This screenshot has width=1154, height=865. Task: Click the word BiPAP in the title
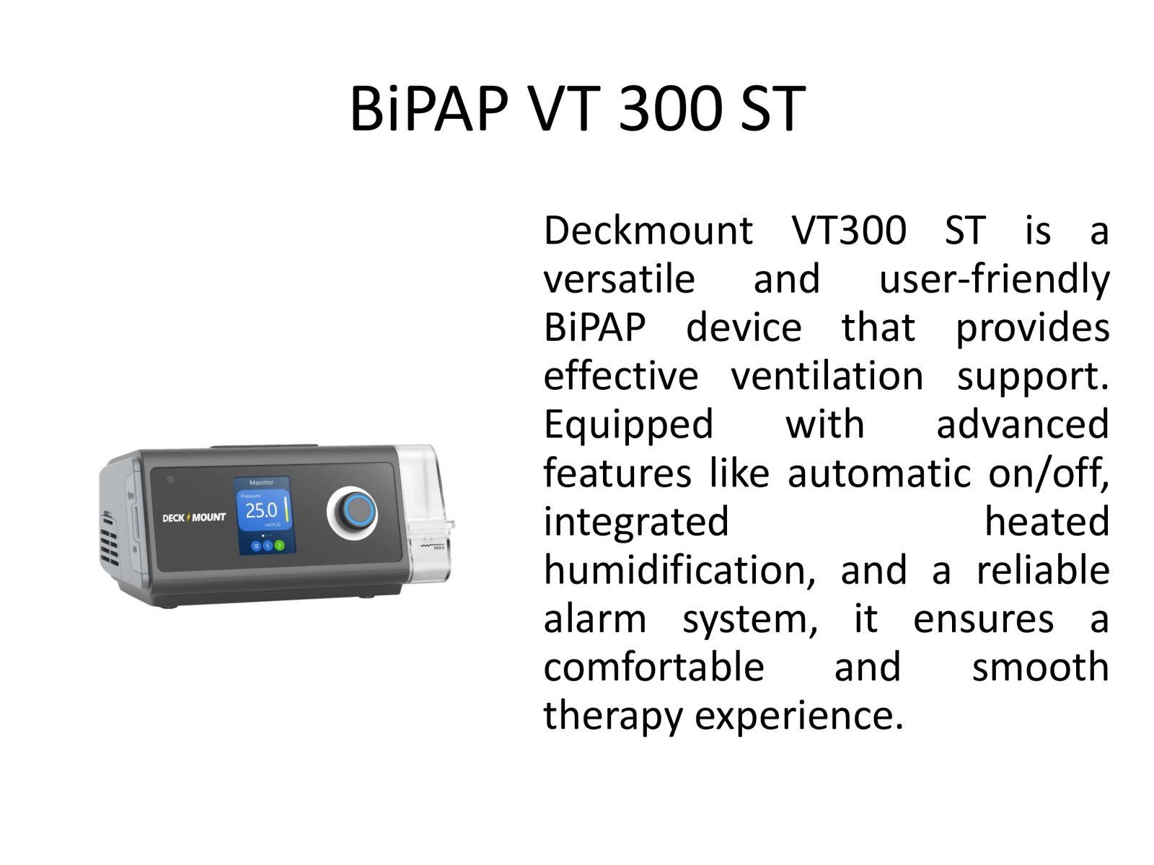click(429, 108)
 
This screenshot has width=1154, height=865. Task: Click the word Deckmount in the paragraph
click(648, 231)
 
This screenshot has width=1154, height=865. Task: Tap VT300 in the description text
click(849, 231)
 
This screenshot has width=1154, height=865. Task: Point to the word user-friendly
click(994, 280)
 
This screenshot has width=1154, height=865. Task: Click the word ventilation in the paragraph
click(827, 376)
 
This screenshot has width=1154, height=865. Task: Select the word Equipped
click(628, 426)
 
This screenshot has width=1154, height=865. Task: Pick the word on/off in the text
click(1048, 473)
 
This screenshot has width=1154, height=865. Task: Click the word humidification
click(679, 570)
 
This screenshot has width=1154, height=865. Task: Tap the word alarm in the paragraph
click(594, 620)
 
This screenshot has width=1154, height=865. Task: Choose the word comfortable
click(653, 667)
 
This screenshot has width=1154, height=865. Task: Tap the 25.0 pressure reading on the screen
click(261, 510)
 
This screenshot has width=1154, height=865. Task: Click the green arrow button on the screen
click(279, 546)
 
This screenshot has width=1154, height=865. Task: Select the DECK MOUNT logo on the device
click(193, 518)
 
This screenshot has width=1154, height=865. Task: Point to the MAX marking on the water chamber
click(439, 548)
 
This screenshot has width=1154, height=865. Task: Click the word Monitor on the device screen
click(261, 482)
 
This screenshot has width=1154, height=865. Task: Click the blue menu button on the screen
click(255, 546)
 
